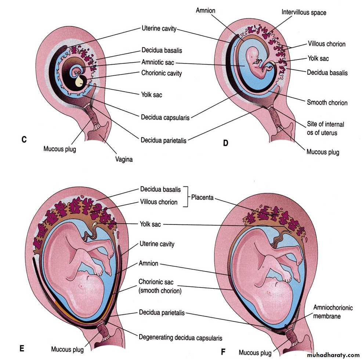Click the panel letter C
pos(24,140)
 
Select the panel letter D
pos(225,143)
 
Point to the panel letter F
pos(223,352)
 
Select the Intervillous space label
pos(304,12)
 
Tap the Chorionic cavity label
pos(162,73)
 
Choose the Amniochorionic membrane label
pos(333,312)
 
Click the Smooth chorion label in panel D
pos(327,102)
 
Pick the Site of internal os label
pos(325,128)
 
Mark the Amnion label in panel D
pos(205,11)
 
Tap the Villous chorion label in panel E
pos(159,202)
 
